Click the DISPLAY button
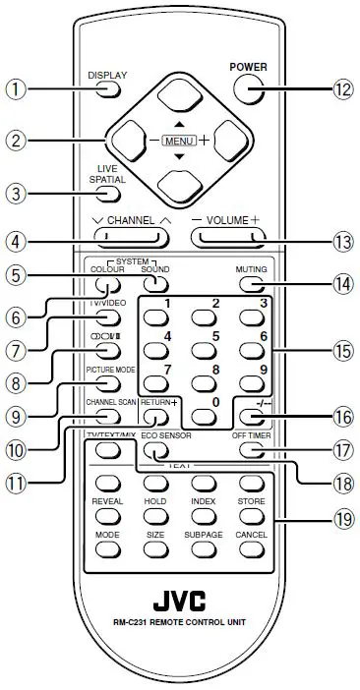tap(107, 90)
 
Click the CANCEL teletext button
tap(251, 552)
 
